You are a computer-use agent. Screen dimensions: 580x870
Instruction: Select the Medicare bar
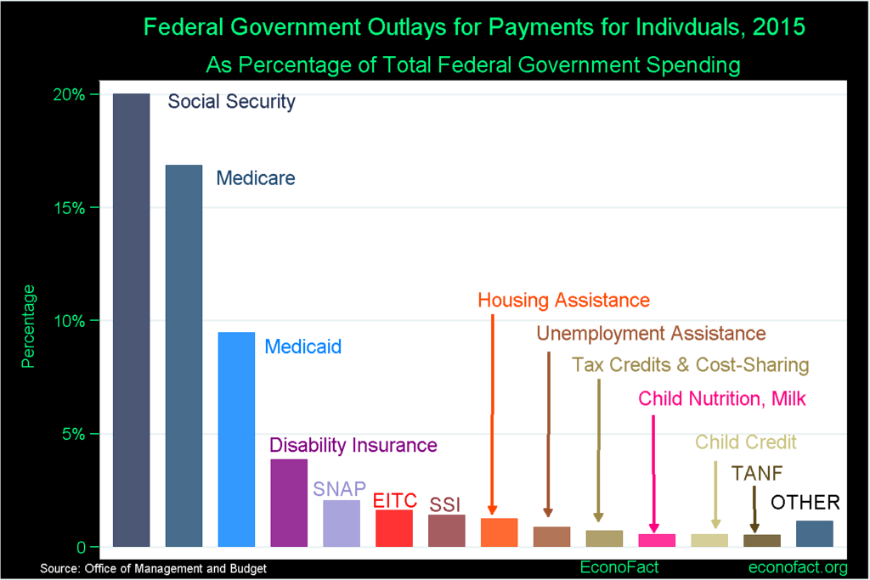pos(184,356)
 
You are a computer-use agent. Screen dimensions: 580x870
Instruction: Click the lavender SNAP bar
pos(342,523)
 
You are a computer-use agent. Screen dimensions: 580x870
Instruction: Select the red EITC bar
pos(394,528)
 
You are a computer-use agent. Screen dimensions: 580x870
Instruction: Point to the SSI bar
pos(447,531)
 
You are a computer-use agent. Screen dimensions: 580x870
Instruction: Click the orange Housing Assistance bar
pos(500,532)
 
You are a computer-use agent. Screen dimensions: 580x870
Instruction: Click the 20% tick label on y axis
pos(69,94)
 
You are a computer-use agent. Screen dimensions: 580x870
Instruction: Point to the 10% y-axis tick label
pos(69,321)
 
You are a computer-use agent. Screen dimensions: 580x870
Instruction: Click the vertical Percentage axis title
pos(28,326)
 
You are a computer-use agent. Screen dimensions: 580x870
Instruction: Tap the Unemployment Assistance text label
pos(651,333)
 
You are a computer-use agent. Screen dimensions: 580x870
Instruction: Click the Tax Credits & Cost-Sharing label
pos(690,365)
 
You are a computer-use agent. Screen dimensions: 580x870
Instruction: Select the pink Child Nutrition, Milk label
pos(722,398)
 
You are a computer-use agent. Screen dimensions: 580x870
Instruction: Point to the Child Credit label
pos(746,442)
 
